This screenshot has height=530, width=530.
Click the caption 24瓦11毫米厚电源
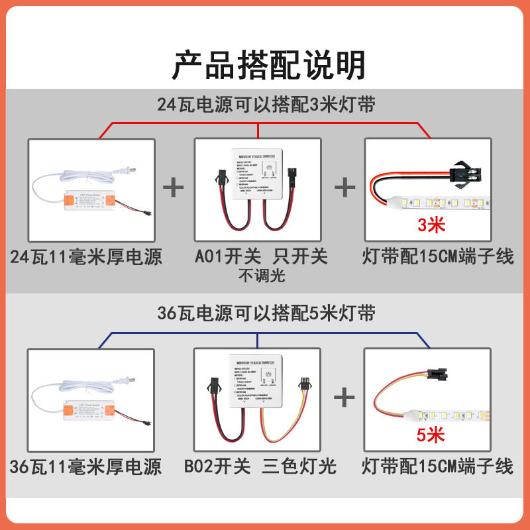[x=87, y=257]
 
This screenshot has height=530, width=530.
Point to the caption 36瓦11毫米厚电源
[x=86, y=466]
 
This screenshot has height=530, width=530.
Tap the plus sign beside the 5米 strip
[x=344, y=397]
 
